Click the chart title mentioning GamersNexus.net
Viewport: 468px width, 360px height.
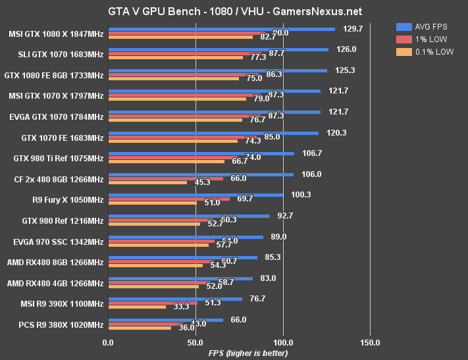[234, 12]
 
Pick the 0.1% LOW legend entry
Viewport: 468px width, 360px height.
[425, 51]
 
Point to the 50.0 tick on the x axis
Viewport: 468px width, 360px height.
[195, 343]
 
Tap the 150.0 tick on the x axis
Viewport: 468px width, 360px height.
[370, 343]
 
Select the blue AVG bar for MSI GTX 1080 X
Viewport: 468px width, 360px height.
[221, 29]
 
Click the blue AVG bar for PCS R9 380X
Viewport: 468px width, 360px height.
[165, 319]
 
